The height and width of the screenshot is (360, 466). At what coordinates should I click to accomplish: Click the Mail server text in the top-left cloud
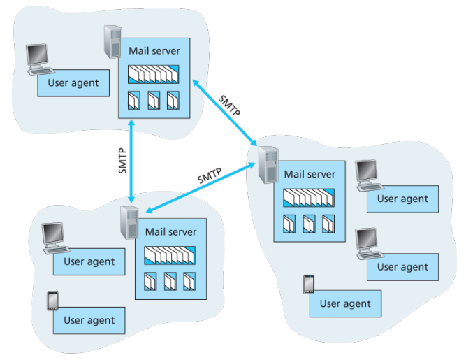coord(154,51)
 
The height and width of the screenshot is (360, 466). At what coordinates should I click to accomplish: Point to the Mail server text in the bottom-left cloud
coord(170,231)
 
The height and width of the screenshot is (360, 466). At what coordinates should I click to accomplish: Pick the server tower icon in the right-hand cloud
coord(266,165)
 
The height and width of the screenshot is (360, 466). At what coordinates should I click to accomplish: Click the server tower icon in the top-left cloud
coord(112,43)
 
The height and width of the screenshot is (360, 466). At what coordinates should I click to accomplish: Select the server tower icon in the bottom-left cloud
coord(129,223)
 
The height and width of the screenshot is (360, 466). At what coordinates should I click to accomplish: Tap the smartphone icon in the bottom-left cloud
coord(51,301)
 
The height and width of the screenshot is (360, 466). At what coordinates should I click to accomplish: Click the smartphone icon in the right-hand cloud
coord(309,285)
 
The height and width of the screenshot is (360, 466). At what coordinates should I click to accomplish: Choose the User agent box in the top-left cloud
coord(73,84)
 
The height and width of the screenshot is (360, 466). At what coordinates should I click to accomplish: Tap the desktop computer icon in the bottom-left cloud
coord(53,238)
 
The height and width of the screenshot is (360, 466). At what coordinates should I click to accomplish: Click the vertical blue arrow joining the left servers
coord(131,161)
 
